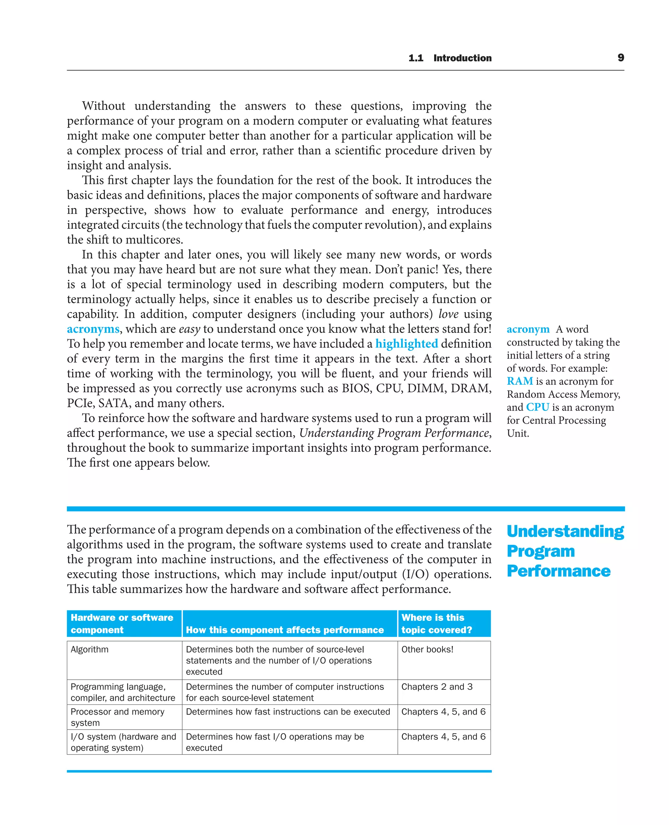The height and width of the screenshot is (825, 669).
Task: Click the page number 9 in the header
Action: point(620,57)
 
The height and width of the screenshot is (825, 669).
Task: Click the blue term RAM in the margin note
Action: point(519,381)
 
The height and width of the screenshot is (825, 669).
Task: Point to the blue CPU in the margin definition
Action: point(537,407)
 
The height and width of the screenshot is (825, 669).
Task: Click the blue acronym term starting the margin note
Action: point(528,329)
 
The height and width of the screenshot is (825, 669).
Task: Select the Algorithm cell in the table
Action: point(90,649)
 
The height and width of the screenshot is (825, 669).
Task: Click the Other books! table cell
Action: point(427,649)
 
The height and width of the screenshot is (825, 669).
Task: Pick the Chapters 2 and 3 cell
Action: point(437,687)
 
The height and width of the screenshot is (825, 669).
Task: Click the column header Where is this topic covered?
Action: point(437,623)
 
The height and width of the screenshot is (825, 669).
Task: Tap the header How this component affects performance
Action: point(285,630)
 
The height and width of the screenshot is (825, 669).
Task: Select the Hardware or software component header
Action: point(122,623)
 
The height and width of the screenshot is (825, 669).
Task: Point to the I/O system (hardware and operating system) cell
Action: point(123,742)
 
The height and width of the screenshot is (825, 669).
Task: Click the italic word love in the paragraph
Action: point(448,314)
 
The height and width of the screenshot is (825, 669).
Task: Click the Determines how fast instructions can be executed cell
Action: point(288,712)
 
